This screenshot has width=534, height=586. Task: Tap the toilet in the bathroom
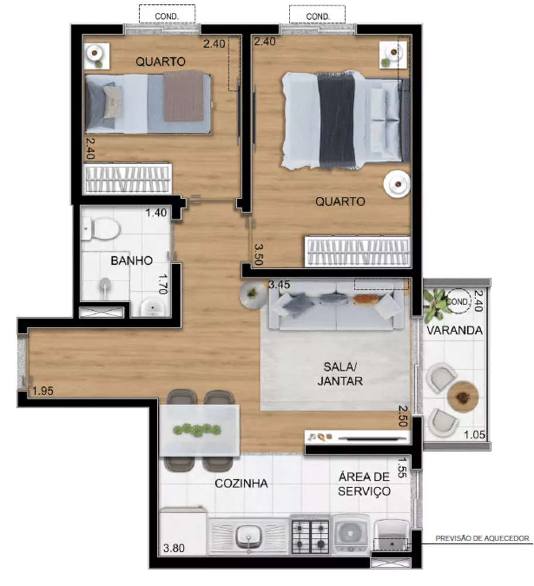coord(101,228)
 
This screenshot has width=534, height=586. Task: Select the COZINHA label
coord(242,483)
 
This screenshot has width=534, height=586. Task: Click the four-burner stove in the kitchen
coord(311,534)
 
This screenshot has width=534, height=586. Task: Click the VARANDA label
coord(455,331)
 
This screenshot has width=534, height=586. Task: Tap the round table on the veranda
coord(463,397)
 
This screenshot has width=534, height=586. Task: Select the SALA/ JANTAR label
coord(340,374)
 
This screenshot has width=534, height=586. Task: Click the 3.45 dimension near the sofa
coord(280,285)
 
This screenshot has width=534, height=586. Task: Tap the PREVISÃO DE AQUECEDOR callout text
coord(482,538)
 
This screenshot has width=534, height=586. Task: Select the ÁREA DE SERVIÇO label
coord(365,483)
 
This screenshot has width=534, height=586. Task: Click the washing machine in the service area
coord(351,533)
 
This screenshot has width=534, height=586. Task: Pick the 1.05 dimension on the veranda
coord(474,435)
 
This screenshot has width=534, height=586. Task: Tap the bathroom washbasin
coord(153,306)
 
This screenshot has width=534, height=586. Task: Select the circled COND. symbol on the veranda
coord(458,301)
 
